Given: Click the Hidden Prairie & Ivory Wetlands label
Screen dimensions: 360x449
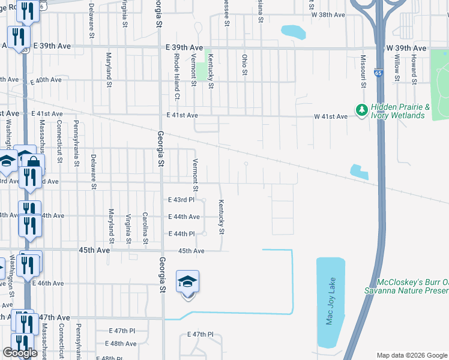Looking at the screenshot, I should click(x=401, y=111).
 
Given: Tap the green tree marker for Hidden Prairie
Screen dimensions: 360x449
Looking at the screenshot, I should click(x=361, y=110).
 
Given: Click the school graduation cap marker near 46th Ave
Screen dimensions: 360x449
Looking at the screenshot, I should click(x=187, y=281).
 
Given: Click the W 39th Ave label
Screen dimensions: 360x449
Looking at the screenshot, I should click(x=406, y=48).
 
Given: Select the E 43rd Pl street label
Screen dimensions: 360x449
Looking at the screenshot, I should click(x=181, y=199).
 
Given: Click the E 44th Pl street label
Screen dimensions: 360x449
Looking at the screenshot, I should click(x=181, y=233).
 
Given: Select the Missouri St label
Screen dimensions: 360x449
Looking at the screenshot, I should click(x=363, y=71).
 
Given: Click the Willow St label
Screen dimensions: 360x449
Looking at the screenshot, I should click(x=397, y=64).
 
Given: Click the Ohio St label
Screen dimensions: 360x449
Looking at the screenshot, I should click(x=244, y=64).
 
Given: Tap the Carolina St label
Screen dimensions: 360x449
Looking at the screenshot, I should click(x=145, y=228).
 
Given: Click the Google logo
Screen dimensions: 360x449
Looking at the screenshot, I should click(x=20, y=353).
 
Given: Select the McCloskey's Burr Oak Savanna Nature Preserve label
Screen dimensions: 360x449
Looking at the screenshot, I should click(x=406, y=286).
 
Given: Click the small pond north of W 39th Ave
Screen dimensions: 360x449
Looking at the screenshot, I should click(x=293, y=31).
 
